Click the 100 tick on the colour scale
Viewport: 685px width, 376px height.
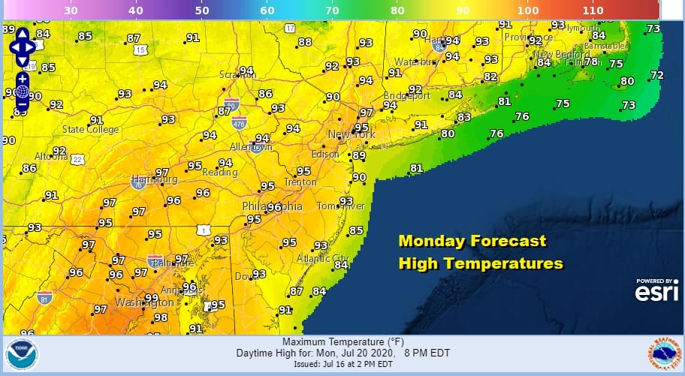[528, 11]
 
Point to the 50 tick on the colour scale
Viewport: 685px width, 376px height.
[202, 11]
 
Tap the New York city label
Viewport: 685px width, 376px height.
[351, 134]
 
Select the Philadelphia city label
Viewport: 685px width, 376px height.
[272, 206]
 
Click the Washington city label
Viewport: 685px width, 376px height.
[144, 302]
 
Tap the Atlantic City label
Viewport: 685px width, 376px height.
[322, 259]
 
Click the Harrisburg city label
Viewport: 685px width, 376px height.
[155, 180]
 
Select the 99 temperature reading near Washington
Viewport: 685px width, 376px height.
[151, 298]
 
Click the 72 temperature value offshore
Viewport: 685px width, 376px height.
[656, 75]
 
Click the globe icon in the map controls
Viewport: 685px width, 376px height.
[22, 92]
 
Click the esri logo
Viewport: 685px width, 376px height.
[656, 293]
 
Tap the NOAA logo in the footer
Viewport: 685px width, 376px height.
[19, 354]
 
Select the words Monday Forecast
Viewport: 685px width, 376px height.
[472, 242]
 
